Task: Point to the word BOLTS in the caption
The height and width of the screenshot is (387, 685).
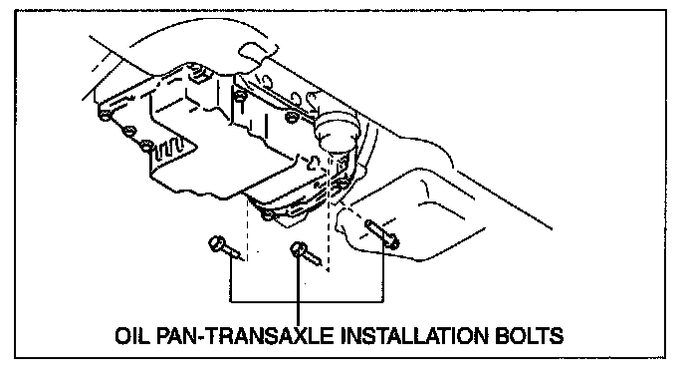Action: click(529, 336)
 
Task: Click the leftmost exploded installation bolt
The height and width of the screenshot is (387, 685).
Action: click(225, 248)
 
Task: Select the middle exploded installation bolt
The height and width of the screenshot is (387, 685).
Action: click(306, 253)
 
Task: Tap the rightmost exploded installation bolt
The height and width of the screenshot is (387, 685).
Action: click(382, 234)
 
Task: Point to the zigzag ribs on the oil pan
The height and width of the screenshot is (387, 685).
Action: click(173, 148)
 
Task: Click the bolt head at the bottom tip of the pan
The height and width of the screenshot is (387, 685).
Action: click(268, 215)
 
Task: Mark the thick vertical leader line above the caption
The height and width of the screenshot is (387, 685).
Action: click(299, 284)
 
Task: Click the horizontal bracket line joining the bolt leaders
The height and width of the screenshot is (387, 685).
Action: click(307, 301)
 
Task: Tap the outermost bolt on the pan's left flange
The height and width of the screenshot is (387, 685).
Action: click(105, 116)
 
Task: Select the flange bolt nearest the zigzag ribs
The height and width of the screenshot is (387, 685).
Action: click(146, 146)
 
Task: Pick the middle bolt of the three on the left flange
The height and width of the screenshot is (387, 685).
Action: click(128, 131)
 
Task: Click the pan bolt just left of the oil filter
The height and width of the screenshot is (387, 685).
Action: click(292, 117)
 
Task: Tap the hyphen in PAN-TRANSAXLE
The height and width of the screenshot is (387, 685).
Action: click(201, 337)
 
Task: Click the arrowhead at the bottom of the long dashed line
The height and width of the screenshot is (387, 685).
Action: click(329, 269)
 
